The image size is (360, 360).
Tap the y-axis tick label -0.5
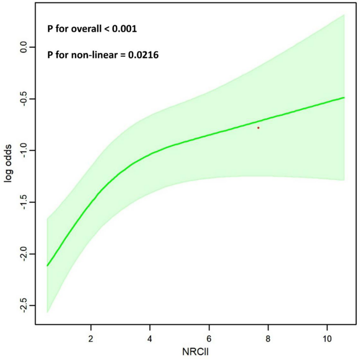coord(23,99)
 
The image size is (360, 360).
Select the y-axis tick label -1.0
coord(23,150)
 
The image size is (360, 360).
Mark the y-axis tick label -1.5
coord(23,202)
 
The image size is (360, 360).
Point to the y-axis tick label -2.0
coord(23,254)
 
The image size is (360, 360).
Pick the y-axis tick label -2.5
coord(23,305)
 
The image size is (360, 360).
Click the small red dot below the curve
coord(258,128)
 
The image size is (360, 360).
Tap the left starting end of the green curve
coord(47,265)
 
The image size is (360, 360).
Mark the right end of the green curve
coord(344,98)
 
